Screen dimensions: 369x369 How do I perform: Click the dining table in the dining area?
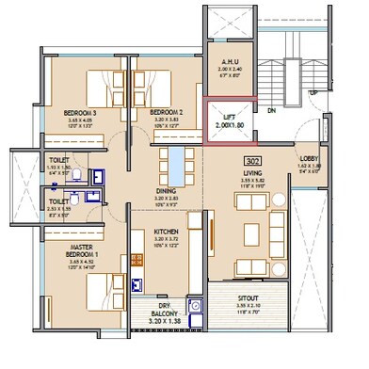point(176,165)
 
